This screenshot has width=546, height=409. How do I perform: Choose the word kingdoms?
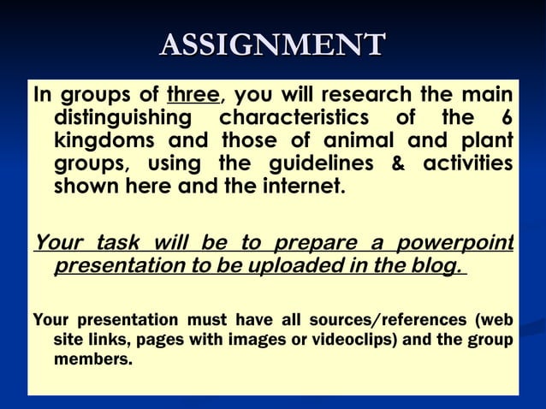pyautogui.click(x=106, y=139)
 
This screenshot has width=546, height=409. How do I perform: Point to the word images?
pyautogui.click(x=288, y=341)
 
